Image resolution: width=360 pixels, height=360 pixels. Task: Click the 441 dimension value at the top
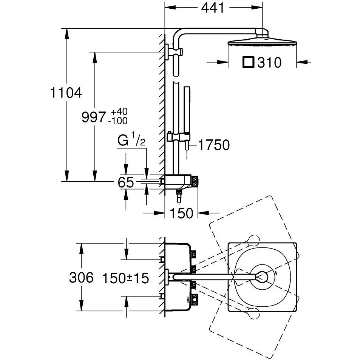(213, 8)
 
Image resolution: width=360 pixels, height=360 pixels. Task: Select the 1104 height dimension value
(66, 93)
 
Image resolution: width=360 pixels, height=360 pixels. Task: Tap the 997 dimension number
(94, 117)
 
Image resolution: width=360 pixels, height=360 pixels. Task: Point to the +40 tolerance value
(119, 112)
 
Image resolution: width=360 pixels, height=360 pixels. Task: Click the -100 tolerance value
(118, 121)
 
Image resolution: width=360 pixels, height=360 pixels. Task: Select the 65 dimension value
(125, 182)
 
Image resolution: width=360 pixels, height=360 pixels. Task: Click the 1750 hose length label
(214, 145)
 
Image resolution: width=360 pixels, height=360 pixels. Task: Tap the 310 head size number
(269, 62)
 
